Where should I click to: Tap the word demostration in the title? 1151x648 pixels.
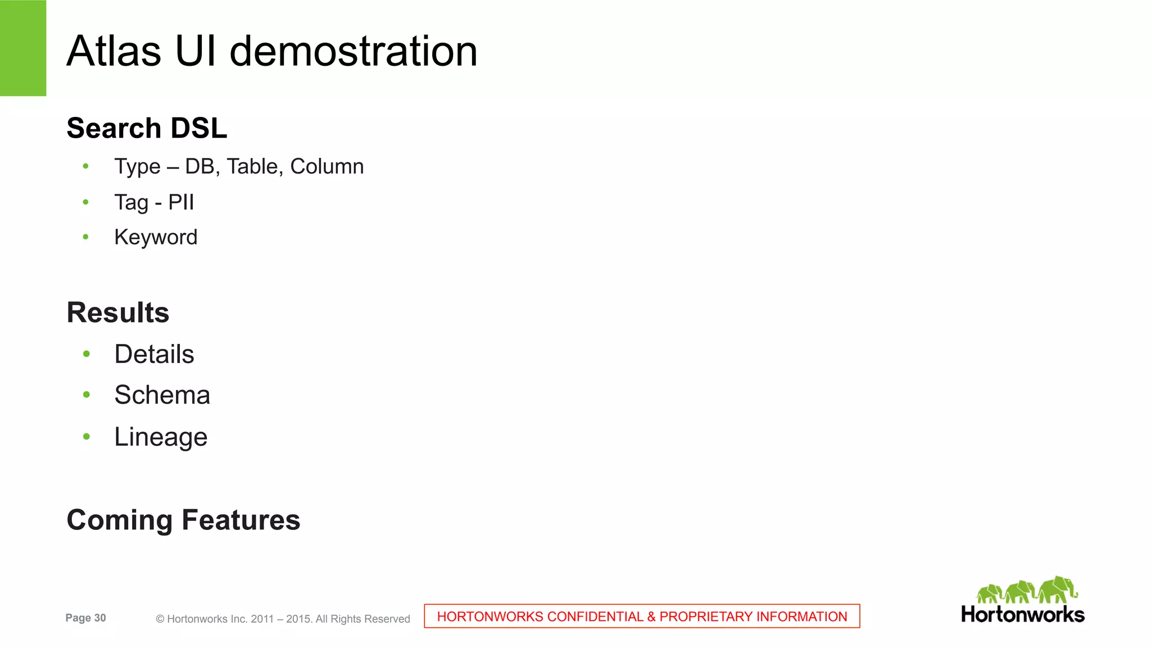point(354,51)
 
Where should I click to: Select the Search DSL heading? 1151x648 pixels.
point(147,128)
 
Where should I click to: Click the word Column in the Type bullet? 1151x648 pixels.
point(327,166)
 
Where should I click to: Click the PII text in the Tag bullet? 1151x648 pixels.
point(181,202)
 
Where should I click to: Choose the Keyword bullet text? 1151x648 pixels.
point(156,237)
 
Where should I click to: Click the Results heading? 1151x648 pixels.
point(118,312)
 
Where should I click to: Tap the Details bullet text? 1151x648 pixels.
point(154,354)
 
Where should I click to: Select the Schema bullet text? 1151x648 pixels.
point(162,395)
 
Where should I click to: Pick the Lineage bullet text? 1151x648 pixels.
point(161,437)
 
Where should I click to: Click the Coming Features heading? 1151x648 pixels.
point(183,520)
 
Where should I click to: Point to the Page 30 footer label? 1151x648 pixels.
point(85,618)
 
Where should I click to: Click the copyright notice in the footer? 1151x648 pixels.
point(283,619)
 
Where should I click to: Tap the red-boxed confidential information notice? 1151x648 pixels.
point(642,617)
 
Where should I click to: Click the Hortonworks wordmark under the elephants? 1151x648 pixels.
point(1023,614)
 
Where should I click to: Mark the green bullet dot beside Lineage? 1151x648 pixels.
point(86,437)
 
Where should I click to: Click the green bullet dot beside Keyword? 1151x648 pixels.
point(85,237)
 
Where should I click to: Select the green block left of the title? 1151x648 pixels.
point(23,48)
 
